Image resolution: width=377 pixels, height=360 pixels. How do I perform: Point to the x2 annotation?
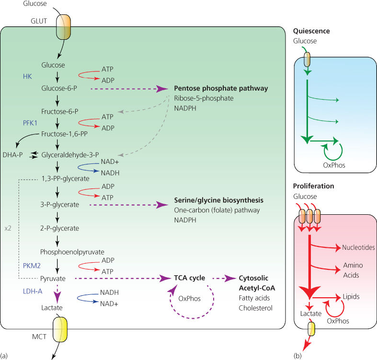point(8,229)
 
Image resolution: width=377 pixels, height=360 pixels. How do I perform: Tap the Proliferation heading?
point(313,186)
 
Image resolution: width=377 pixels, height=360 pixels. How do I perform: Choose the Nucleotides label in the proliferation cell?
point(358,248)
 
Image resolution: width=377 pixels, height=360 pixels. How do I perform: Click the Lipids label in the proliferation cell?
point(351,297)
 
